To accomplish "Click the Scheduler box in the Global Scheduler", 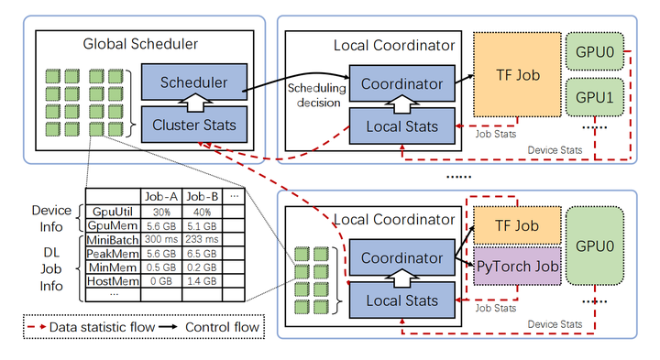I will pyautogui.click(x=195, y=81).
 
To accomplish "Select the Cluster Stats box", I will pyautogui.click(x=195, y=124).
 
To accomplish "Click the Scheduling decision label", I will pyautogui.click(x=314, y=95).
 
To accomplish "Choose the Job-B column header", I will pyautogui.click(x=201, y=196).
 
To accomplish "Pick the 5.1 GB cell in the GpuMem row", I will pyautogui.click(x=201, y=225).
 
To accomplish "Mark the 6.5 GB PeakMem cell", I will pyautogui.click(x=201, y=255).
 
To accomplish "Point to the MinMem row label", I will pyautogui.click(x=113, y=269).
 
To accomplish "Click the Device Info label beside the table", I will pyautogui.click(x=50, y=217).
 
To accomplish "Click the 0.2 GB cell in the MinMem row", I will pyautogui.click(x=201, y=269).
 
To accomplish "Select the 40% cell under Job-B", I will pyautogui.click(x=201, y=211).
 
